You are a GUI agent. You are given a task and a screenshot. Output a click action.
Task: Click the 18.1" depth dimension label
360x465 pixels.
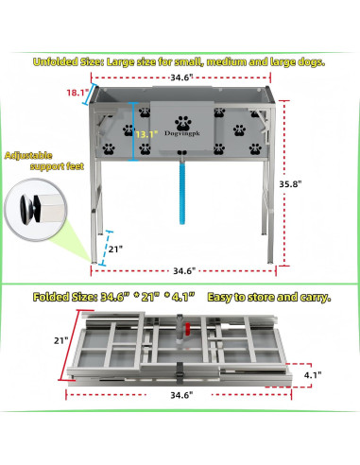pyautogui.click(x=76, y=94)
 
